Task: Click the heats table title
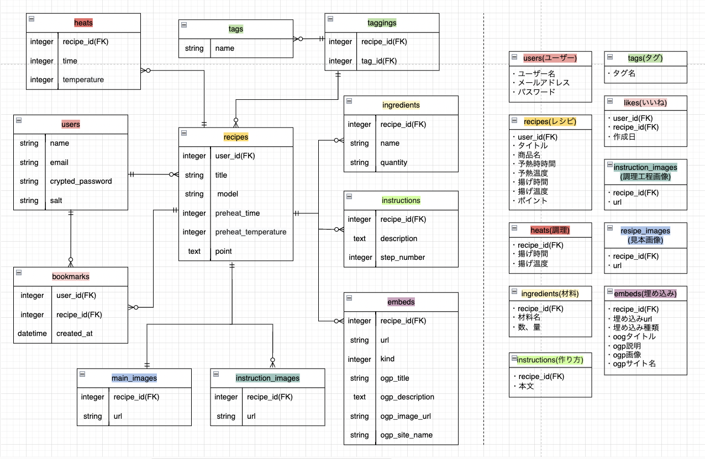83,23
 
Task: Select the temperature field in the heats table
83,79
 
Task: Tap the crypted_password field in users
81,181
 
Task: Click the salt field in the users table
57,200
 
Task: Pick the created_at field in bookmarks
74,333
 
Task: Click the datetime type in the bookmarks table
32,333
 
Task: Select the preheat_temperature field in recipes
251,232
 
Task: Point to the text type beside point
194,251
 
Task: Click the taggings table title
382,23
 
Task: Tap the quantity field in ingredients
393,162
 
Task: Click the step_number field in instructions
402,257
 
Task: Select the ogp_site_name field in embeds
406,435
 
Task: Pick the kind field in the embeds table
387,359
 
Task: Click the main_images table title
134,378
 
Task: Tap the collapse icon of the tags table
183,25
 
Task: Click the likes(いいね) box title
645,103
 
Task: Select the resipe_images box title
645,231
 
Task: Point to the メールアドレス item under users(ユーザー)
544,83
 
